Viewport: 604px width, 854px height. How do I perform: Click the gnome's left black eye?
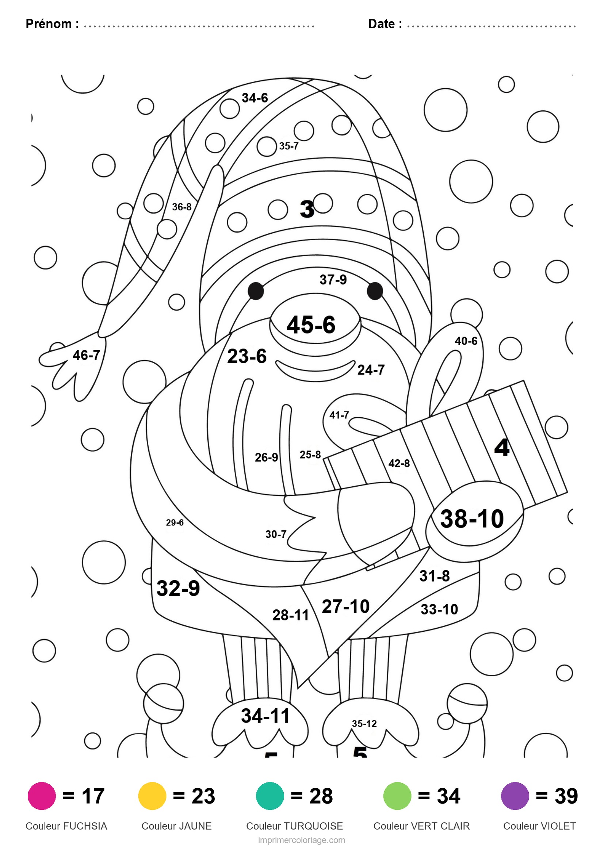coord(256,291)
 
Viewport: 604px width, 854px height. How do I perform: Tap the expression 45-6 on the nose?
coord(311,324)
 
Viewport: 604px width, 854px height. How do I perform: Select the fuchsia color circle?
coord(42,796)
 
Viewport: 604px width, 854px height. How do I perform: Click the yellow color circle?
coord(152,796)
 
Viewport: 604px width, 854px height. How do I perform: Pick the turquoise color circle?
coord(270,796)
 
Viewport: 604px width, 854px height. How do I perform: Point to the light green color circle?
coord(397,796)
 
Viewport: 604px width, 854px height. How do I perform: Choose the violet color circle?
coord(515,796)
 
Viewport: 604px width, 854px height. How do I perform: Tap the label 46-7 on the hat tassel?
coord(86,355)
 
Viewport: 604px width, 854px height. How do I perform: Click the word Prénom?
coord(49,24)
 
